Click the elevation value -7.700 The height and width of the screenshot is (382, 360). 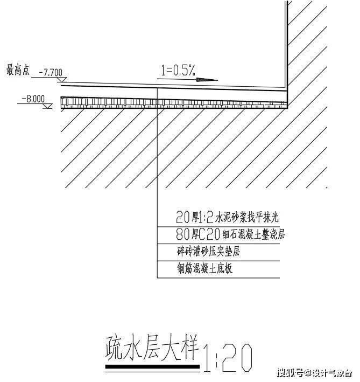[51, 72]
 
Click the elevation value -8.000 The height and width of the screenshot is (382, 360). [33, 99]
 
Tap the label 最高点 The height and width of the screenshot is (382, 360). [18, 70]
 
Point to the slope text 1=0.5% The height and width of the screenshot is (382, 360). [178, 70]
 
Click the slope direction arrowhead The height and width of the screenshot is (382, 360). [207, 79]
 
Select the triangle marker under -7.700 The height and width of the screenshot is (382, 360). [62, 79]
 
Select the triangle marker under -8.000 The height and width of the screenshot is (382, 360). [47, 106]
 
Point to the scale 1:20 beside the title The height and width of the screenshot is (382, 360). [228, 358]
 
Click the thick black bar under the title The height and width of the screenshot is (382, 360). [152, 366]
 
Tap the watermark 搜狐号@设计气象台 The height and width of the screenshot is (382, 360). [314, 373]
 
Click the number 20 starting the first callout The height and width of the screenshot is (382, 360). [182, 217]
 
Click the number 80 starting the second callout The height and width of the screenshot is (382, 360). [182, 234]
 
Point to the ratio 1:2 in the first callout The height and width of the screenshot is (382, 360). [206, 217]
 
